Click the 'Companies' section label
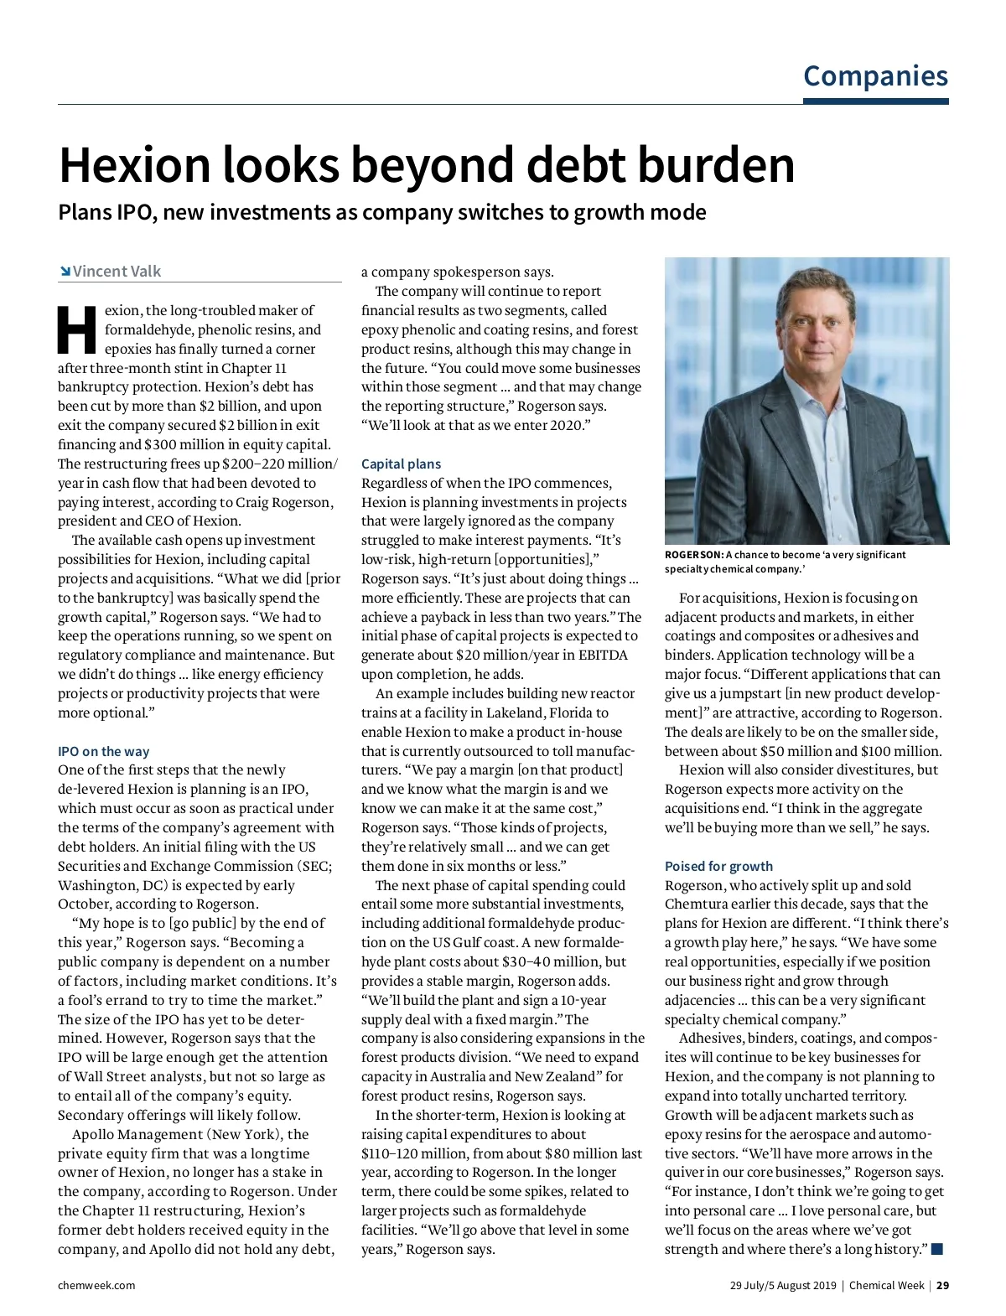tap(875, 76)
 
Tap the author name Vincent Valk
tap(117, 272)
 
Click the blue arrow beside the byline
tap(65, 272)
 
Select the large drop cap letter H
tap(77, 329)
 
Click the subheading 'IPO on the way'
tap(103, 751)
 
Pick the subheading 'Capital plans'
tap(401, 464)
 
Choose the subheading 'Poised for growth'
tap(718, 866)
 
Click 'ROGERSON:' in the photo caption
tap(694, 555)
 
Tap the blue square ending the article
tap(937, 1249)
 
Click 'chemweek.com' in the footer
tap(96, 1285)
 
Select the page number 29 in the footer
tap(943, 1285)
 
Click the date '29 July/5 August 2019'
tap(782, 1285)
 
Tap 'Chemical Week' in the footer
tap(886, 1285)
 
